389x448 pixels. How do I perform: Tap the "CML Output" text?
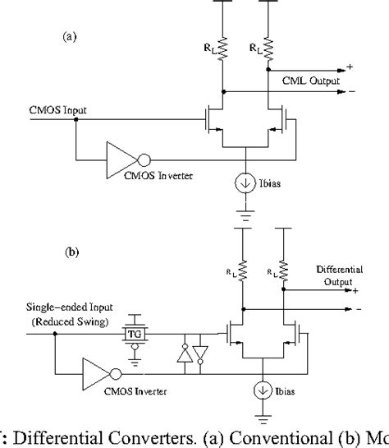(x=305, y=80)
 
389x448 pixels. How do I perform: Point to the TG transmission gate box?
(x=133, y=335)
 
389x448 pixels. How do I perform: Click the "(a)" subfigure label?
(x=71, y=37)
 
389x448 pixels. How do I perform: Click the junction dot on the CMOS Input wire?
(x=75, y=120)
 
